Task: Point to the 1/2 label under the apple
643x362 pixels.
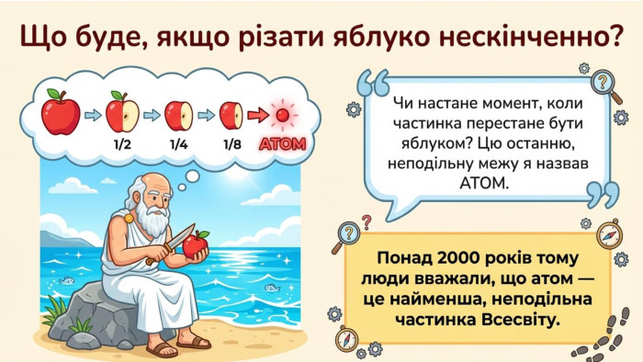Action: point(122,144)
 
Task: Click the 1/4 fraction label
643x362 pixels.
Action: point(178,144)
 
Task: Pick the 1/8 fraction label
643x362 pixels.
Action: point(232,144)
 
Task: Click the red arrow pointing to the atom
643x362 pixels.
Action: point(258,115)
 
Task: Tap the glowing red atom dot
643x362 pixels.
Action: point(283,115)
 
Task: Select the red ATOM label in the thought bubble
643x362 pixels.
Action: point(283,144)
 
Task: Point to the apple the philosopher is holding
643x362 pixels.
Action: point(195,244)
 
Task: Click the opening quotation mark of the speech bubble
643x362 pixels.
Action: point(373,83)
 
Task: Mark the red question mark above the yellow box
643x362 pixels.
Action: point(367,222)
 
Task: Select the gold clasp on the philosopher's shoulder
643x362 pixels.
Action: point(129,218)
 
